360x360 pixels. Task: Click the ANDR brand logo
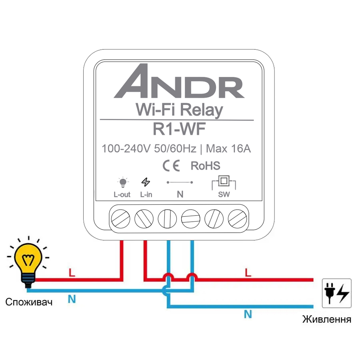179,81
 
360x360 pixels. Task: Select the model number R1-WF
179,129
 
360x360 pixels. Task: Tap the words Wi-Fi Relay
179,110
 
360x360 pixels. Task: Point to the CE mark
171,166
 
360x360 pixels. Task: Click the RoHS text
206,166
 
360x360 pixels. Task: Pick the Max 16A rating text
228,148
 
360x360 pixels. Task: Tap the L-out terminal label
122,195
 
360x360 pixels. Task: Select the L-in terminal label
146,195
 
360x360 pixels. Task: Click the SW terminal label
224,195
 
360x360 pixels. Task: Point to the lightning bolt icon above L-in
146,182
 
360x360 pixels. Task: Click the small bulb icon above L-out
123,182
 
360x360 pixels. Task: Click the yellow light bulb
28,262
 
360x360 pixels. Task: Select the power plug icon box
336,293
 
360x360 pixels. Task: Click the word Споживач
29,302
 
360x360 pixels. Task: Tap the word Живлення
327,319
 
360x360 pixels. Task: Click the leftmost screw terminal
120,219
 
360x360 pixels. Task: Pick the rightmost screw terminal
237,219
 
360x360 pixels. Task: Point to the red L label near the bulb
72,273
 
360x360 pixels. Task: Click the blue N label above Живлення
248,314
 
